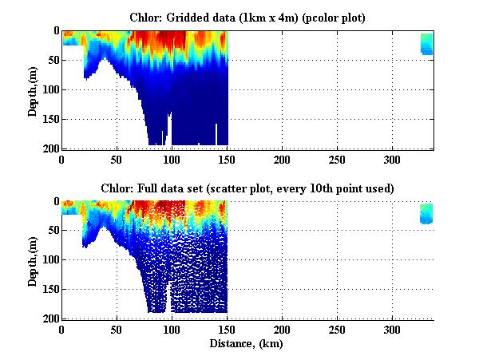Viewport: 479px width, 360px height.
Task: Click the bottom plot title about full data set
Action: point(247,188)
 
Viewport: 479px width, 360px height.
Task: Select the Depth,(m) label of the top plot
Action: point(33,89)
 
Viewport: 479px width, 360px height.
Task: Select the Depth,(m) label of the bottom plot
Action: point(33,260)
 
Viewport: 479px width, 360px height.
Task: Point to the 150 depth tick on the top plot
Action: point(49,119)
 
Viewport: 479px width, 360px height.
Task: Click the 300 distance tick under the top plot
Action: point(392,159)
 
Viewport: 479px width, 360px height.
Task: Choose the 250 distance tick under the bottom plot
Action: point(337,330)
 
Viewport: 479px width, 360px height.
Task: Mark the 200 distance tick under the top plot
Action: point(282,159)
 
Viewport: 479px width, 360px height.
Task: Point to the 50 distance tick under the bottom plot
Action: point(117,330)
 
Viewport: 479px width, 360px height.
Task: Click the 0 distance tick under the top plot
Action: point(62,159)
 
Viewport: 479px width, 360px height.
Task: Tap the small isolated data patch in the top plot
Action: point(426,44)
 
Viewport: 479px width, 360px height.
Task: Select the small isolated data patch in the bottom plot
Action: point(426,213)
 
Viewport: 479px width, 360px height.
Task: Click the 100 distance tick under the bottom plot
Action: point(172,330)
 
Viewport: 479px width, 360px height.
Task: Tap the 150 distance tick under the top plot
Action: point(227,159)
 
